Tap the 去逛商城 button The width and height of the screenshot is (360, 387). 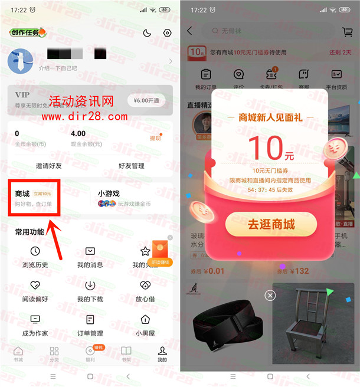[x=271, y=224]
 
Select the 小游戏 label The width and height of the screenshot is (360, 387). [x=110, y=193]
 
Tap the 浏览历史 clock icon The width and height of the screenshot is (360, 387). [x=35, y=251]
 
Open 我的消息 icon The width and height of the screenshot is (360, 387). [x=90, y=251]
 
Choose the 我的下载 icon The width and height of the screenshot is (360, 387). [x=90, y=286]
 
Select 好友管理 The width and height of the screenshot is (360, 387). [x=131, y=166]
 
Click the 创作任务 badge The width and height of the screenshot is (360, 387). [x=27, y=32]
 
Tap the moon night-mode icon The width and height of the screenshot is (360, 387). [x=147, y=34]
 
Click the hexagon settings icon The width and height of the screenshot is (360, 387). [x=167, y=34]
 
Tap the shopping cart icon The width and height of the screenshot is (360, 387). [x=347, y=32]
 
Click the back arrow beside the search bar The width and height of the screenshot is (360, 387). [x=189, y=31]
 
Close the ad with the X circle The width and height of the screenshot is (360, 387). [x=270, y=295]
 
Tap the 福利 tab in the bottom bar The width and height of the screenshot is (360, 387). [x=90, y=353]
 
